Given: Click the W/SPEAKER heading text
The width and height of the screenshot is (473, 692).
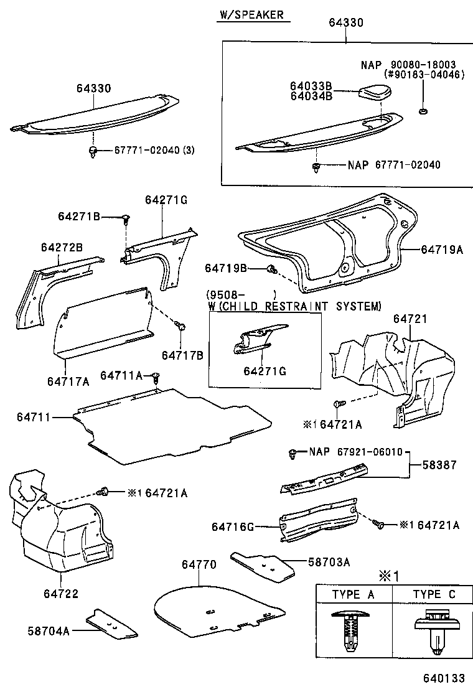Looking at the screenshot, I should tap(253, 15).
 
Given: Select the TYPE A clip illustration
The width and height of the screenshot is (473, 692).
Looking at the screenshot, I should tap(353, 632).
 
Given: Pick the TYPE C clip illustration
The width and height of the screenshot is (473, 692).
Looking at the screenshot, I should tap(434, 632).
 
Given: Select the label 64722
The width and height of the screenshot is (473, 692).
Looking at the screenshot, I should tap(61, 594).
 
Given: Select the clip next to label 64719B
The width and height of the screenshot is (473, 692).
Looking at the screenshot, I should tap(271, 268).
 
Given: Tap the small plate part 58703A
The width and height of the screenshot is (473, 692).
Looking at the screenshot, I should tap(261, 564).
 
